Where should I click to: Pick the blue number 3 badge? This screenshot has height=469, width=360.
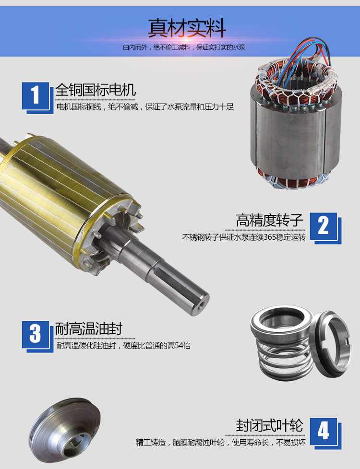[x=36, y=334]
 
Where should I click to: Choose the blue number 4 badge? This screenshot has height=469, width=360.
[x=324, y=430]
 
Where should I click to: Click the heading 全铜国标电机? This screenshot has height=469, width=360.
[x=96, y=90]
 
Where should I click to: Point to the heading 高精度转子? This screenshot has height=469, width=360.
[x=270, y=221]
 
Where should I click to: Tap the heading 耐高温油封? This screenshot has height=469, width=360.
[x=89, y=329]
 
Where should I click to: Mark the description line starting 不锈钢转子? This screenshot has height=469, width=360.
[x=243, y=237]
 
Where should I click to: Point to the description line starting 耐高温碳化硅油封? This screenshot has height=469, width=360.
[x=123, y=345]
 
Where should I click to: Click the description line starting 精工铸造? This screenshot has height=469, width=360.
[x=220, y=442]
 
